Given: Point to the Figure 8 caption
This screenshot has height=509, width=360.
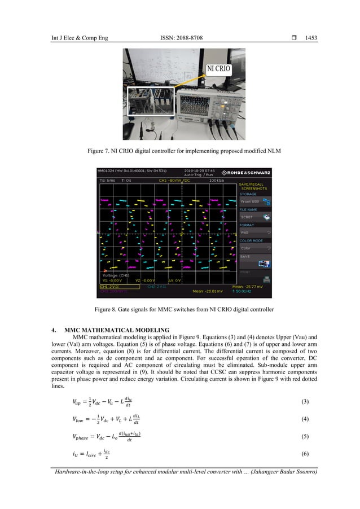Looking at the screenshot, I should click(x=179, y=309).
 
